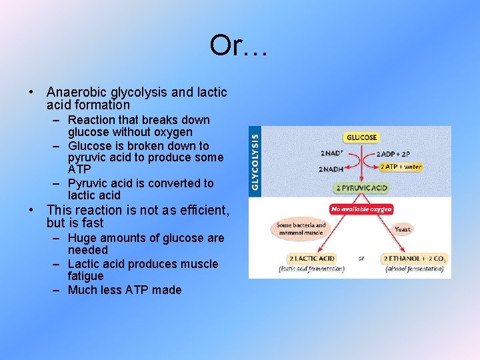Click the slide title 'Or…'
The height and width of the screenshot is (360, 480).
coord(239,45)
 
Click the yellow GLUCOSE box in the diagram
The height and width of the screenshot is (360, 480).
coord(361,137)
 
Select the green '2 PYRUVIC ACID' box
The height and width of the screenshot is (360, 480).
coord(361,188)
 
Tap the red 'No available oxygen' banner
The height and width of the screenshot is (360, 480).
coord(361,209)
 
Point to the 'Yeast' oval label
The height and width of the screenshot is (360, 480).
coord(403,229)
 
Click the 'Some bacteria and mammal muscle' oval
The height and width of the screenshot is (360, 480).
coord(301,229)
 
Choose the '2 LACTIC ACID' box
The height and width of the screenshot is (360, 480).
coord(311,258)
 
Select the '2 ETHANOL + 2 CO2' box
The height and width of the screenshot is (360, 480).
coord(414,258)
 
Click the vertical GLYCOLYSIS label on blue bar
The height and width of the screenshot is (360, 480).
coord(255,161)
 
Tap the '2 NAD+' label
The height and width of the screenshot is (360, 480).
coord(331,153)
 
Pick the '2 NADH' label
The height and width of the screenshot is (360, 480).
coord(331,169)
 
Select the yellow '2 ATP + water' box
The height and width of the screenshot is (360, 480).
coord(401,167)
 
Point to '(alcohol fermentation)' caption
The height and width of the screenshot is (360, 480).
coord(415,269)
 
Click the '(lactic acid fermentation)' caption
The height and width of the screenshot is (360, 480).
coord(311,269)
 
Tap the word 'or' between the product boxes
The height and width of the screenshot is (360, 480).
coord(361,258)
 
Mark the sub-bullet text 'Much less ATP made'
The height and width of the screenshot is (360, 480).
coord(125,289)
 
